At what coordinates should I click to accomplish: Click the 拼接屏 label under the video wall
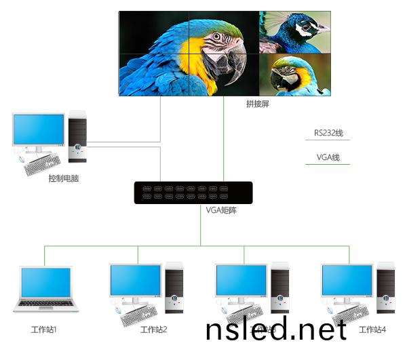257,104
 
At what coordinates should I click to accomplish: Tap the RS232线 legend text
328,133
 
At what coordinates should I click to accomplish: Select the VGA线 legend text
328,157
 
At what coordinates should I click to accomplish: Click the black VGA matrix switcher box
193,193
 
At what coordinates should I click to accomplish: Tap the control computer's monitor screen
38,131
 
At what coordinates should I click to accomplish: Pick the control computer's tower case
77,138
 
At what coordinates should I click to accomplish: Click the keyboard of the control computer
42,165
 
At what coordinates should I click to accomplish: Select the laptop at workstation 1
46,289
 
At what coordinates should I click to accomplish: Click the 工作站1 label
44,330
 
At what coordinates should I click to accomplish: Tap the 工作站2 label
153,330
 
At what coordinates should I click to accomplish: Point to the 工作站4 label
372,330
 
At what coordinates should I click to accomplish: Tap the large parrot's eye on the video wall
216,37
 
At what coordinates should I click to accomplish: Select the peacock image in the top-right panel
294,31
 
